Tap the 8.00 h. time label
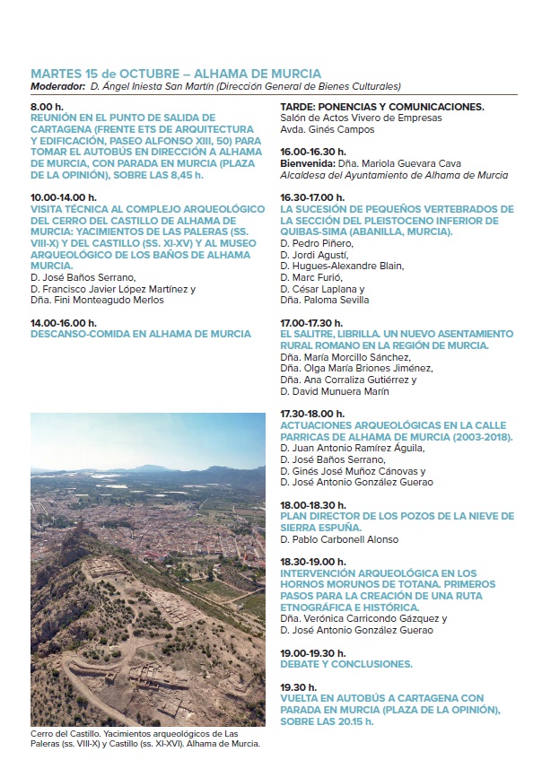pos(47,107)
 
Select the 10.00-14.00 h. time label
pos(64,196)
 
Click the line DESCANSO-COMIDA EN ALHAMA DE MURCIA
pos(141,334)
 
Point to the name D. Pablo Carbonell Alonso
pos(339,540)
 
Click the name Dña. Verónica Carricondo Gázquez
pos(363,618)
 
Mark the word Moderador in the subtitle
pos(57,86)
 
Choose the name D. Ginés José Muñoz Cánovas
pos(353,471)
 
